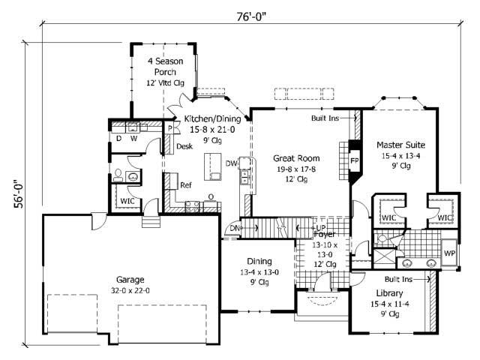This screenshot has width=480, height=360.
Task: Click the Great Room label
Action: click(296, 158)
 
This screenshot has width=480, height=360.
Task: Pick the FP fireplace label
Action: click(354, 160)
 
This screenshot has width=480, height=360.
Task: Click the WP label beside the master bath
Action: click(450, 253)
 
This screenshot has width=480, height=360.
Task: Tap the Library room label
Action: click(390, 292)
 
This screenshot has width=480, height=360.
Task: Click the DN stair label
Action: click(235, 228)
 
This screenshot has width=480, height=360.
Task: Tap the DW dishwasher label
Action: click(232, 163)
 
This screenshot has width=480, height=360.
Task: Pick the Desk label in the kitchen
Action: click(184, 146)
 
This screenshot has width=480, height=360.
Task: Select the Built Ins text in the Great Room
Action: click(324, 118)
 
